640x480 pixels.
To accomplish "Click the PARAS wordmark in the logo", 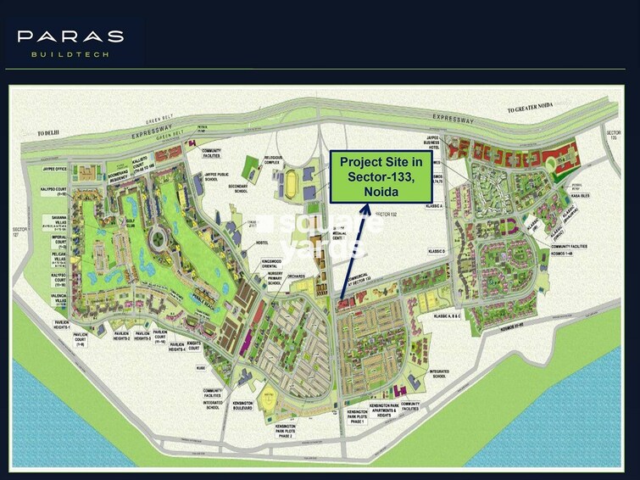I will (70, 36).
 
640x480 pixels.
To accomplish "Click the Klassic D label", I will (438, 251).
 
